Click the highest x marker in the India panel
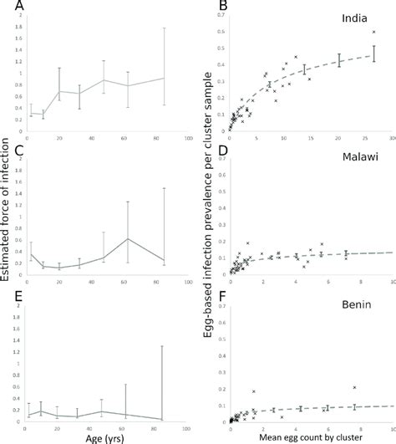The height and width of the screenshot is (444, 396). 374,32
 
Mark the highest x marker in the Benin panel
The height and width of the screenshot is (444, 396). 354,387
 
